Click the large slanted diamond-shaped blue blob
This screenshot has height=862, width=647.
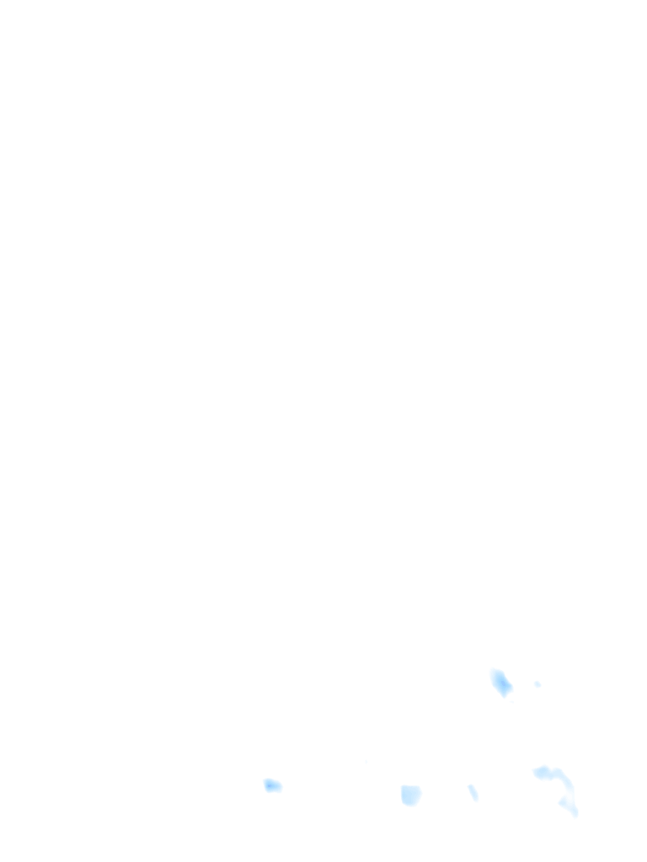[x=501, y=682]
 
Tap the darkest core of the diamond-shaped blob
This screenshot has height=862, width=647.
[x=504, y=684]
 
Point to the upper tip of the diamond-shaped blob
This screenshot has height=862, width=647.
[x=495, y=671]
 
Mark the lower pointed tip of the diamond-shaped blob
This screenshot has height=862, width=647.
[x=505, y=696]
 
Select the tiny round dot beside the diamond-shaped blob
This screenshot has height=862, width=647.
[x=537, y=684]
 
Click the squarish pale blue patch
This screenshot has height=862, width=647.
[x=410, y=795]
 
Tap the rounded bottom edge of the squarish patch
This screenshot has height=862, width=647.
[x=410, y=805]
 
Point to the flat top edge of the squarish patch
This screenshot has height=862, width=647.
[x=410, y=786]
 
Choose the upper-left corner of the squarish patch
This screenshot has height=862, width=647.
[x=402, y=787]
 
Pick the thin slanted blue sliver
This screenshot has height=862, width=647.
[x=473, y=792]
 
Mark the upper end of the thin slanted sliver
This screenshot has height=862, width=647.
[x=470, y=786]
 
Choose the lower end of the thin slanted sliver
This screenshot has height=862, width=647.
[x=477, y=800]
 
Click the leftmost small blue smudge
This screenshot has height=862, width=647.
[x=272, y=785]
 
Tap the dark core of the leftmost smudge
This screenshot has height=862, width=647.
[x=269, y=785]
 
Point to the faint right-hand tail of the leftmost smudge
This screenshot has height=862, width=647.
[x=280, y=788]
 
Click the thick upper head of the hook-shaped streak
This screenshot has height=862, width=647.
[x=541, y=771]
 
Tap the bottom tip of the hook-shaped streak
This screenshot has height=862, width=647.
[x=576, y=814]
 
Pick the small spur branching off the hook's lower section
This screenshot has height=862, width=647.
[x=562, y=803]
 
